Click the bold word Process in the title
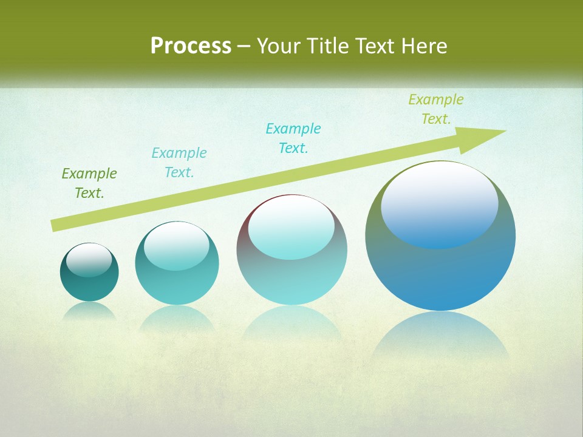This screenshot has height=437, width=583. tap(191, 46)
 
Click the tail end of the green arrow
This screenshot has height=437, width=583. tap(56, 225)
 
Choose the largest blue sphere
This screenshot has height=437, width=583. tap(440, 267)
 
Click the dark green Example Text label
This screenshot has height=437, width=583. tap(89, 183)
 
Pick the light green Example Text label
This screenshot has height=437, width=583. tap(436, 109)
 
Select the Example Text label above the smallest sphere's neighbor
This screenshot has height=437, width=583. tap(179, 163)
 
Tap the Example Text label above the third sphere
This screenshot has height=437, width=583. tap(293, 138)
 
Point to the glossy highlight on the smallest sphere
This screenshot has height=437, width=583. tap(89, 260)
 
